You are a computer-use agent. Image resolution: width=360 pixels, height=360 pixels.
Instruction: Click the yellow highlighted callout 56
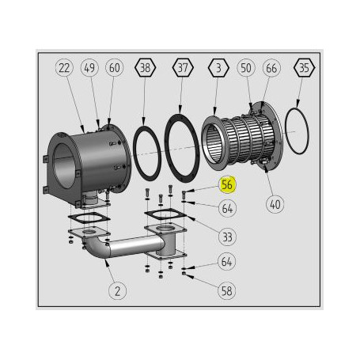coord(227,185)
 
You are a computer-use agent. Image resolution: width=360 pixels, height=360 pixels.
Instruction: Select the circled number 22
coord(65,69)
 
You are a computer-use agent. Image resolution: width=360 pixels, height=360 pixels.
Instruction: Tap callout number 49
coord(89,69)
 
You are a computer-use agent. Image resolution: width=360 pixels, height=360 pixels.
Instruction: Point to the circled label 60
coord(115,69)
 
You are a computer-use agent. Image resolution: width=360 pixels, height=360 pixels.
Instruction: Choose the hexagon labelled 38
coord(145,69)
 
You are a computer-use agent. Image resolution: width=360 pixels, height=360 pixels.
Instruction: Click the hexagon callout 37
coord(183,69)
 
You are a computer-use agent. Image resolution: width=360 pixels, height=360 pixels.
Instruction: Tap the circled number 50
coord(246,69)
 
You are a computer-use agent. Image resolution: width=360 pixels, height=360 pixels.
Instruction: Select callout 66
coord(271,69)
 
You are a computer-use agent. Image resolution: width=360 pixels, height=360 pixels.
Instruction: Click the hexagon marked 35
coord(303,69)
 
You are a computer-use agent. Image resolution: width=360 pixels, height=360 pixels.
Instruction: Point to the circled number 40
coord(275,204)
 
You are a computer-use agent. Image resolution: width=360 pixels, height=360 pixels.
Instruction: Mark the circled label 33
coord(227,236)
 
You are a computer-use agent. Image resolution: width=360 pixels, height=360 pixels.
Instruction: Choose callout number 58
coord(227,290)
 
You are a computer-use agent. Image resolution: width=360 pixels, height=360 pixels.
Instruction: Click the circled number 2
coord(118,290)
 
